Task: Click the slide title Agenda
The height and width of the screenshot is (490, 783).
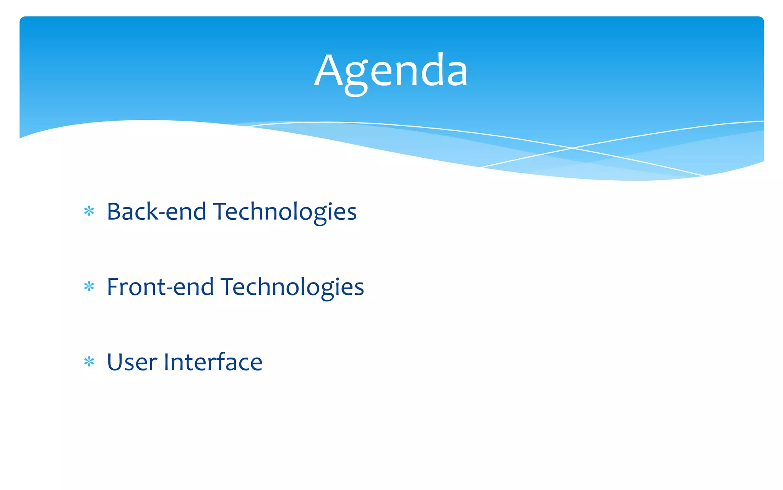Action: (391, 71)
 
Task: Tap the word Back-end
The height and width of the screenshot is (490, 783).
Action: (156, 212)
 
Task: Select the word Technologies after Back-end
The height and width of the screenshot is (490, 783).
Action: (285, 212)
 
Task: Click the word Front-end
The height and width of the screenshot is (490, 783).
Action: (160, 287)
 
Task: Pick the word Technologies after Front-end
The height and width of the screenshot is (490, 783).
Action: (292, 287)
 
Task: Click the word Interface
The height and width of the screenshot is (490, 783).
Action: (213, 362)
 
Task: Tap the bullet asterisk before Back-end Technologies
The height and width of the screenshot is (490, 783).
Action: (89, 211)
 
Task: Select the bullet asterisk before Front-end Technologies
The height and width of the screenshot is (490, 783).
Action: (89, 286)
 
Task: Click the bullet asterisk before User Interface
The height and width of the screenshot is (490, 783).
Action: (89, 361)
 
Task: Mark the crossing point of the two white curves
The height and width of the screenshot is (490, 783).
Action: (572, 148)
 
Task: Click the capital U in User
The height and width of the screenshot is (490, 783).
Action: (116, 362)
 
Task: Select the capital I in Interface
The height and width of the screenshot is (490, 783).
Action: (167, 362)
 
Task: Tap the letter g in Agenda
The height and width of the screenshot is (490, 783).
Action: (356, 77)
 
